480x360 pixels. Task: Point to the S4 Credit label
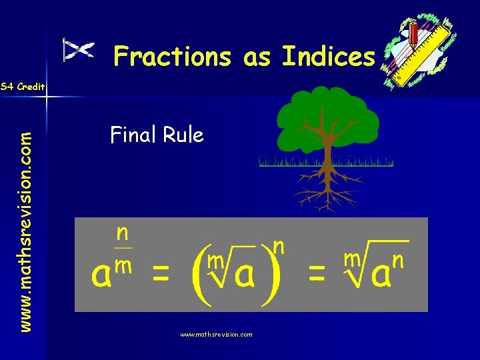(x=23, y=87)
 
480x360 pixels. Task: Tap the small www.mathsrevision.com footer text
(x=216, y=334)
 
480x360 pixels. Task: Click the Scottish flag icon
(x=78, y=51)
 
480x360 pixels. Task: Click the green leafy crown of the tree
(x=327, y=120)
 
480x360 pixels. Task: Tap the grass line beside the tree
(x=280, y=161)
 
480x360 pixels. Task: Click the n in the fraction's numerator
(x=123, y=233)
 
